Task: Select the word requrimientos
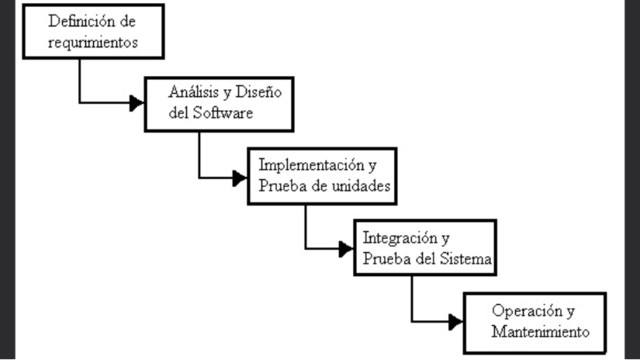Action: tap(92, 42)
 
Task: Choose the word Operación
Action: tap(524, 310)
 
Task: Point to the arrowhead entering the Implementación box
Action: tap(240, 178)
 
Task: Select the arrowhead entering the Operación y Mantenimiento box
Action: tap(455, 321)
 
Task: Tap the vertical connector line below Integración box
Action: tap(412, 298)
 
